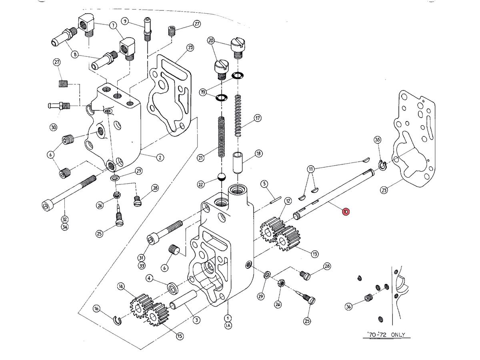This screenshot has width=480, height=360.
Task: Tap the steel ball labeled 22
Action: pos(221,177)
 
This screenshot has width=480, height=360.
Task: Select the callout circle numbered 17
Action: pos(258,118)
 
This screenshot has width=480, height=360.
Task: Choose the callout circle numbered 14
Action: pos(121,286)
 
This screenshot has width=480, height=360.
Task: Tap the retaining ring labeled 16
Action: pos(118,320)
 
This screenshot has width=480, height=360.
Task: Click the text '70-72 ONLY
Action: pos(386,335)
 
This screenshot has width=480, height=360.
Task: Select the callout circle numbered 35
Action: pos(377,140)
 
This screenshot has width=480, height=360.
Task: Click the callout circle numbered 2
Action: pos(160,157)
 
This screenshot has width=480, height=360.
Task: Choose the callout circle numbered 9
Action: pos(125,21)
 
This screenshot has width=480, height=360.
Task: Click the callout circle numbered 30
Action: pos(54,128)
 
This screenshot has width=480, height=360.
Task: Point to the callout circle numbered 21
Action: pos(201,158)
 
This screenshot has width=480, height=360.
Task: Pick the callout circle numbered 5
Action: pos(264,184)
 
